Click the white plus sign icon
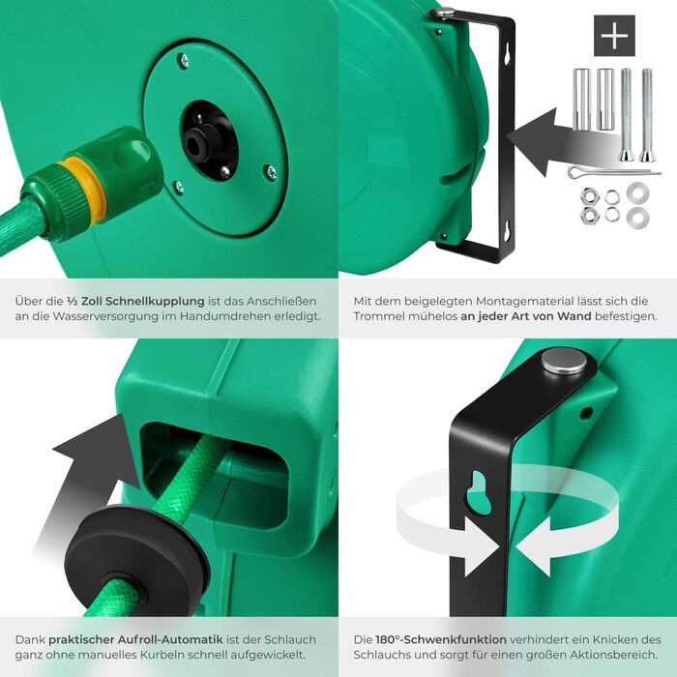(614, 36)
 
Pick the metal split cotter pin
(613, 172)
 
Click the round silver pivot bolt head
(564, 361)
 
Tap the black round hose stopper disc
(137, 560)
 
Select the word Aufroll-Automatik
(178, 639)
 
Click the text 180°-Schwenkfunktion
(441, 639)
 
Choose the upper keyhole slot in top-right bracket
(508, 54)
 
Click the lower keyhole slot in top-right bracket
(508, 231)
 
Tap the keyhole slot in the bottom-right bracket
(479, 492)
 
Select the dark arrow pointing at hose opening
(86, 484)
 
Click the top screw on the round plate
(184, 60)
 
